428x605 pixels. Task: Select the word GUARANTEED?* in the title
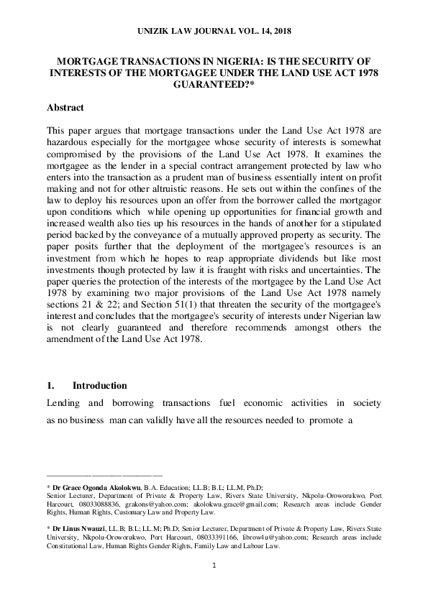pyautogui.click(x=214, y=84)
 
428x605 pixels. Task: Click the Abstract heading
pyautogui.click(x=65, y=108)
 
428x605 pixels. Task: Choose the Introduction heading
pyautogui.click(x=100, y=386)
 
